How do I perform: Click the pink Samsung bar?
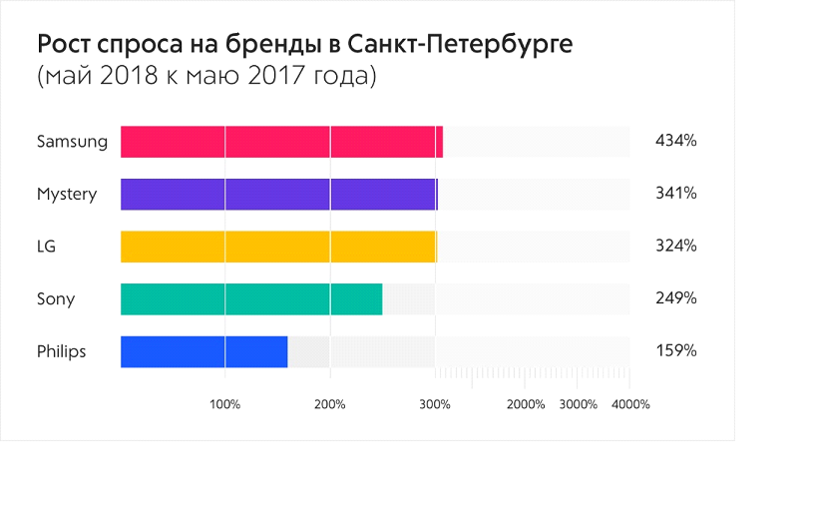[x=281, y=142]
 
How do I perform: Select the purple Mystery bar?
[x=278, y=194]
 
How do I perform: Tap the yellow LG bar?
[x=278, y=246]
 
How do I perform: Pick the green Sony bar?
[x=251, y=298]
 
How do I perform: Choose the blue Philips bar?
[x=204, y=351]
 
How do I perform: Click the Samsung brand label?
[x=72, y=142]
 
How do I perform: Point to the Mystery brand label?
[x=67, y=194]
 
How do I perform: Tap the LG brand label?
[x=47, y=246]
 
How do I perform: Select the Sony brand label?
[x=56, y=298]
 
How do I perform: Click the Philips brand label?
[x=62, y=351]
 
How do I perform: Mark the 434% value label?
[x=675, y=142]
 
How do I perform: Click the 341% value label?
[x=675, y=194]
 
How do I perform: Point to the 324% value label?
[x=675, y=246]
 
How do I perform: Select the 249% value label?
[x=675, y=298]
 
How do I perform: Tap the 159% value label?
[x=675, y=351]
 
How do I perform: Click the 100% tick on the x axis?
[x=224, y=404]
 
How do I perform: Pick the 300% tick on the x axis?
[x=434, y=404]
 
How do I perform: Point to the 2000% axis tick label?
[x=526, y=404]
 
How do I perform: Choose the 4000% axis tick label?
[x=630, y=404]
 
